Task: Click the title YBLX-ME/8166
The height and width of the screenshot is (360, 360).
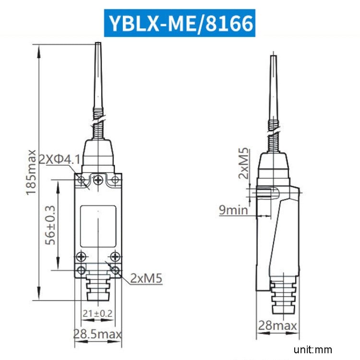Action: pyautogui.click(x=180, y=23)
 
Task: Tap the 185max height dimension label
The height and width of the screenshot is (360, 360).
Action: pyautogui.click(x=31, y=172)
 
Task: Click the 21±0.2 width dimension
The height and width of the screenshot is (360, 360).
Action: pyautogui.click(x=97, y=313)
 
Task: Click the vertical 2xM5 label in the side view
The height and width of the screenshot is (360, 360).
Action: pyautogui.click(x=244, y=163)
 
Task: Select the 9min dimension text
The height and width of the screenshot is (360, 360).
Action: pyautogui.click(x=234, y=210)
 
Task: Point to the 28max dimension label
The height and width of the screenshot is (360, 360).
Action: pyautogui.click(x=277, y=326)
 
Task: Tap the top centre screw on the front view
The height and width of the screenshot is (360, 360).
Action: pyautogui.click(x=98, y=180)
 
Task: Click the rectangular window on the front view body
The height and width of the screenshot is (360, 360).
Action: pyautogui.click(x=98, y=226)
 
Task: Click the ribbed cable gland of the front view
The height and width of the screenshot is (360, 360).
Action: pyautogui.click(x=98, y=290)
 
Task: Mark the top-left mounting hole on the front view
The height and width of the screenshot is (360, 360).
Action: pyautogui.click(x=82, y=180)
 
